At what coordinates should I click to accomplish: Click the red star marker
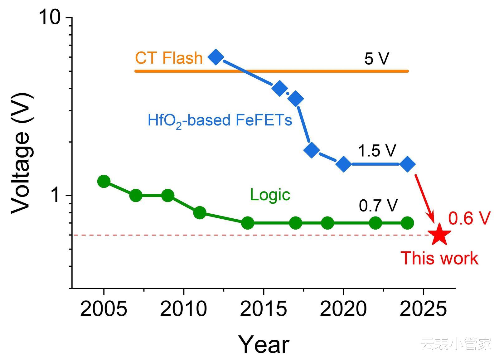click(439, 234)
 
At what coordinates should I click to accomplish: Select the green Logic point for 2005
click(104, 181)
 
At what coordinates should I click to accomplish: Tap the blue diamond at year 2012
click(216, 57)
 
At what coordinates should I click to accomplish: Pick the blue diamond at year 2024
click(407, 164)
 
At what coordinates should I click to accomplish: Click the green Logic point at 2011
click(200, 213)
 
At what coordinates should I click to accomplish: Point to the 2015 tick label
click(264, 309)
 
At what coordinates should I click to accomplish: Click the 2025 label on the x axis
click(423, 309)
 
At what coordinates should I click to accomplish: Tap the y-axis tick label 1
click(56, 196)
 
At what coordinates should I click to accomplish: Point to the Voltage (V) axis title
click(21, 153)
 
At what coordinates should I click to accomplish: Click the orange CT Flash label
click(169, 58)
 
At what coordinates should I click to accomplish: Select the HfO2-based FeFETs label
click(220, 120)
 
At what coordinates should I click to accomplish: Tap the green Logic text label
click(270, 195)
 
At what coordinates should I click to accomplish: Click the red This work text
click(439, 258)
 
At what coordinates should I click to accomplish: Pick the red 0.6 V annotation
click(469, 218)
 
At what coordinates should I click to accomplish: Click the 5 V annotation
click(377, 58)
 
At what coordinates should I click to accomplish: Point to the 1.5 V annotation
click(377, 151)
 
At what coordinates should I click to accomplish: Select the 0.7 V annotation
click(378, 206)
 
